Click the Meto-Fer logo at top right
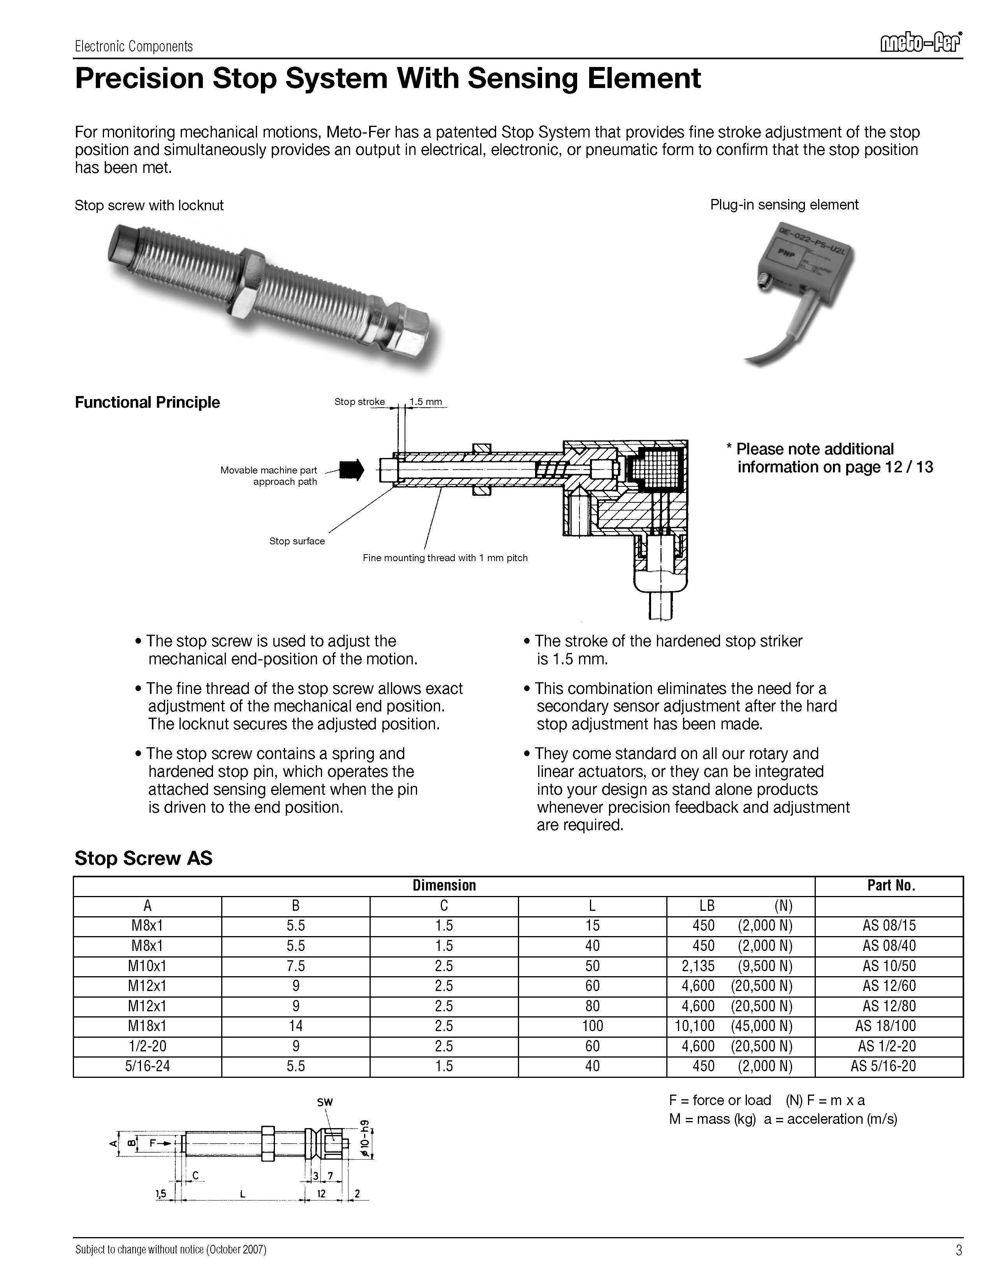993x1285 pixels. pyautogui.click(x=921, y=44)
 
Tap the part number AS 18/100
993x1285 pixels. pyautogui.click(x=888, y=1026)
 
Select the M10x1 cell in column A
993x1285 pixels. pyautogui.click(x=147, y=966)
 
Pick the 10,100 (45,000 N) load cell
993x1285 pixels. pyautogui.click(x=733, y=1026)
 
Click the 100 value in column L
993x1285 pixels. pyautogui.click(x=592, y=1026)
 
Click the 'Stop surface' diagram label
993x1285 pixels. pyautogui.click(x=297, y=541)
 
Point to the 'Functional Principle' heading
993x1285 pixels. pyautogui.click(x=147, y=403)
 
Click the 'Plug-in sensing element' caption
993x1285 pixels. pyautogui.click(x=784, y=205)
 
